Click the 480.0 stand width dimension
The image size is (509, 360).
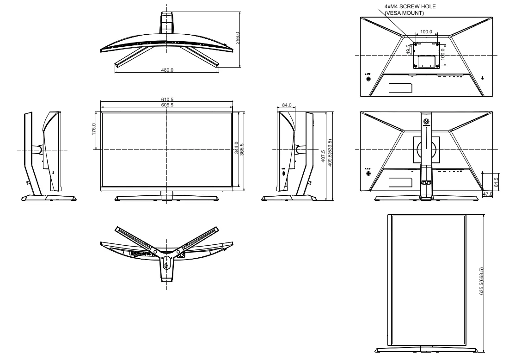click(x=167, y=70)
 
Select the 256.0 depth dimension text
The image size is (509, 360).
click(x=237, y=37)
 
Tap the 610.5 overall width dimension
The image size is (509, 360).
click(x=167, y=99)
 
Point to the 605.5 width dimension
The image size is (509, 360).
click(x=167, y=105)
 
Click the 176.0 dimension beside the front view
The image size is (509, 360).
click(x=93, y=129)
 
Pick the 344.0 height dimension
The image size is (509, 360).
click(x=236, y=148)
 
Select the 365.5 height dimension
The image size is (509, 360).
click(x=241, y=149)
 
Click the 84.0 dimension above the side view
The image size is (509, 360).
click(x=287, y=105)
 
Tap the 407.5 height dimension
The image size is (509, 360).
click(x=323, y=156)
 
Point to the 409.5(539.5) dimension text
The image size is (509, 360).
click(x=330, y=153)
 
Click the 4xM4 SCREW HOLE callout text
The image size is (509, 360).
click(x=410, y=6)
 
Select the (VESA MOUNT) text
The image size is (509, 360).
click(x=404, y=13)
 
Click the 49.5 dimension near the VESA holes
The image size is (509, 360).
click(x=408, y=50)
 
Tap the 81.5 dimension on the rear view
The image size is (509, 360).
click(x=496, y=182)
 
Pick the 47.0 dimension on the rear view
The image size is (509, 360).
click(x=487, y=194)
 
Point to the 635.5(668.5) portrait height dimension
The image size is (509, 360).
click(x=481, y=281)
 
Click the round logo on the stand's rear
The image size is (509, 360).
click(x=426, y=122)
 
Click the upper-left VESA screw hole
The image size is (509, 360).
click(x=416, y=44)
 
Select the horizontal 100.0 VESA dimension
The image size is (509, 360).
click(x=426, y=31)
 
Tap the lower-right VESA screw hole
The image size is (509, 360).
click(x=437, y=66)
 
